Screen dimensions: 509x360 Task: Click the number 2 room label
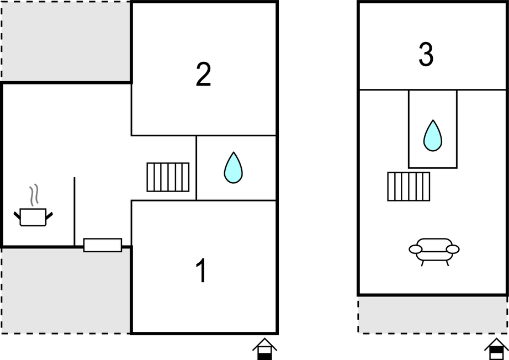203,75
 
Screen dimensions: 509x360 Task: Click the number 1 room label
202,271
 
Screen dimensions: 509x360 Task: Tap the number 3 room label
426,54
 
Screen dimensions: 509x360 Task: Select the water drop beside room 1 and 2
233,167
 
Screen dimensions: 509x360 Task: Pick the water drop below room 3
433,136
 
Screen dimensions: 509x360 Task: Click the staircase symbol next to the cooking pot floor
168,177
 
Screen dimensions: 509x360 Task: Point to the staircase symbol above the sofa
409,187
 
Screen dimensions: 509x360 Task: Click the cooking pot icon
33,217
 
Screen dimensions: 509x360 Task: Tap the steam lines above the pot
34,195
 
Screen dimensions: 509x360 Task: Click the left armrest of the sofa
416,250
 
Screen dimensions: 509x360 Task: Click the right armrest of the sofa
453,250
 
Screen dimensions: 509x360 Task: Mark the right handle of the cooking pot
49,215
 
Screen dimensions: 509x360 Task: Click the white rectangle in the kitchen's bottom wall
103,245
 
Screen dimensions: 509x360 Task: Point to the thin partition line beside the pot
75,211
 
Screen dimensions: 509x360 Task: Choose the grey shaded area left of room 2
66,41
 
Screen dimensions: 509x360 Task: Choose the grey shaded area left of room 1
66,290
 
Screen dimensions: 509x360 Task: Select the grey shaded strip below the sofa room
432,315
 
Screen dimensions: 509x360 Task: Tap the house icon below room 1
264,349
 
